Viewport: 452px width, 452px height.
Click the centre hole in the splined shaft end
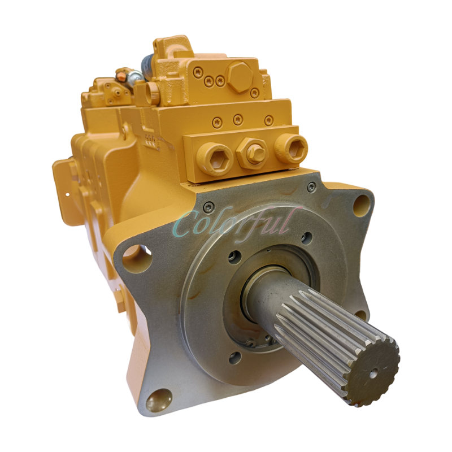point(375,373)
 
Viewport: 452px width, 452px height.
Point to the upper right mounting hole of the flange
point(360,206)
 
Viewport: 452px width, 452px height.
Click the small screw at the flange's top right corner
point(311,186)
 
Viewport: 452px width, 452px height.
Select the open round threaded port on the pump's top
point(152,91)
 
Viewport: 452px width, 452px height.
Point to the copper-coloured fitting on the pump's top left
point(120,74)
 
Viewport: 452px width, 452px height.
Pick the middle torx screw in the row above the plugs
point(238,120)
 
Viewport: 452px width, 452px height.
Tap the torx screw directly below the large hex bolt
point(255,92)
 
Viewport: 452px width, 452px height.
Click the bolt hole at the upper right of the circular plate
point(306,237)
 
